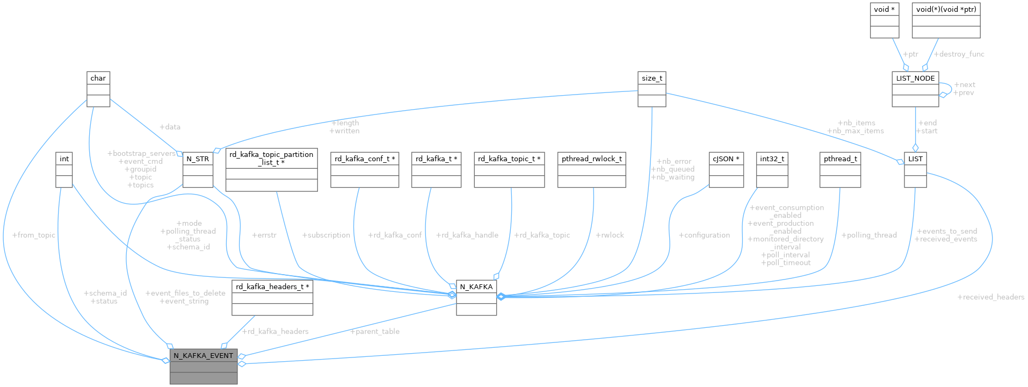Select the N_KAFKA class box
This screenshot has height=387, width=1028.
[x=476, y=298]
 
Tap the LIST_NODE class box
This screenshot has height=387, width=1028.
[x=915, y=89]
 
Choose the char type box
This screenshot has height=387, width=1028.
[x=98, y=89]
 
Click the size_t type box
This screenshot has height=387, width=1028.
[x=651, y=89]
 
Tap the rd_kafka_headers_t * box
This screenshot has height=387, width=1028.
[x=272, y=298]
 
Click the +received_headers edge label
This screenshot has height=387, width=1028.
[x=990, y=297]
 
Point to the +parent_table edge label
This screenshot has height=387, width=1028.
[x=374, y=332]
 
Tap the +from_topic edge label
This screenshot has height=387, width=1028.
[x=33, y=235]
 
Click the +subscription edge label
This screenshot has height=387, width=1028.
[x=326, y=235]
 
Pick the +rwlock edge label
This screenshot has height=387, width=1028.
[x=610, y=235]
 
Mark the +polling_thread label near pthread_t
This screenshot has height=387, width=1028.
[x=868, y=235]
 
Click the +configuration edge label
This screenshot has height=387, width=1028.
[x=704, y=235]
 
